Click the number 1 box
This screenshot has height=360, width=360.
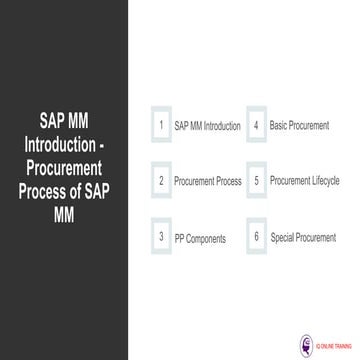click(x=161, y=126)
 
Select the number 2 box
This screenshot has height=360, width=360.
click(x=161, y=181)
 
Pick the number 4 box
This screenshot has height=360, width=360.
click(x=257, y=126)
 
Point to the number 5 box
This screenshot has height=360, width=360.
click(x=257, y=181)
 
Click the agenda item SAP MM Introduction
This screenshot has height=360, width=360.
click(x=207, y=127)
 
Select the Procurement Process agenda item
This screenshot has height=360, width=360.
click(x=207, y=181)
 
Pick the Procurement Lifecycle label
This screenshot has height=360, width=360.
click(x=305, y=181)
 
